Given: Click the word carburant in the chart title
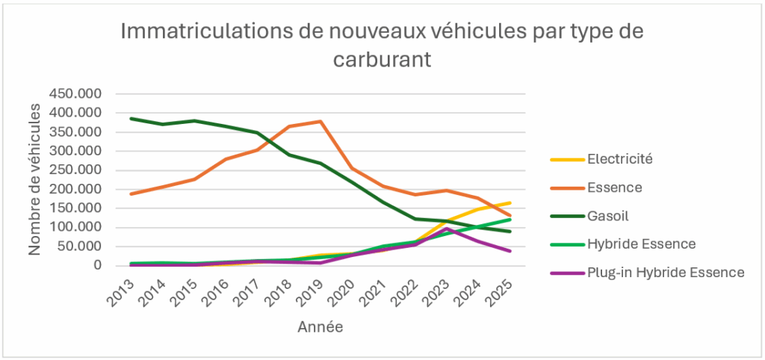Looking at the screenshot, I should pyautogui.click(x=382, y=60).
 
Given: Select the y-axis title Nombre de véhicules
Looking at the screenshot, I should pyautogui.click(x=35, y=179).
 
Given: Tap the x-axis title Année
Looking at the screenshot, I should pyautogui.click(x=320, y=326).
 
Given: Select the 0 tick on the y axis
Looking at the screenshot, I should pyautogui.click(x=97, y=266).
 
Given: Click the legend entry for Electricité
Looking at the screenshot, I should pyautogui.click(x=621, y=158).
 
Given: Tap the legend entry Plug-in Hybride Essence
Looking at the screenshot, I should pyautogui.click(x=666, y=272).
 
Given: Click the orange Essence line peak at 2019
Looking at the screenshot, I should pyautogui.click(x=320, y=121).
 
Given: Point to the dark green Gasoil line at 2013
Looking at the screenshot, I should pyautogui.click(x=130, y=119).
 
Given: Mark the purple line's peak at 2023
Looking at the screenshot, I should pyautogui.click(x=447, y=229).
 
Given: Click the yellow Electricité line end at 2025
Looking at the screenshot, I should pyautogui.click(x=510, y=202).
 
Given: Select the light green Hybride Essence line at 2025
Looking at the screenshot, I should pyautogui.click(x=510, y=220).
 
